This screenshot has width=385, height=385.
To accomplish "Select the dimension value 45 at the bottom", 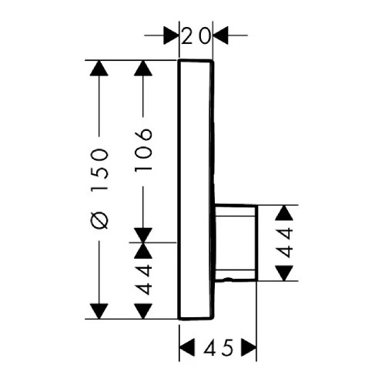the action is point(219,348).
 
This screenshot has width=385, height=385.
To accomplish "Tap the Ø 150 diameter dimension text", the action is point(99,188).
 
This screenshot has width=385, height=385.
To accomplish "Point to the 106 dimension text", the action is point(143,149).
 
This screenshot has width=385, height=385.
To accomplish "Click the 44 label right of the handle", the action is point(285,243).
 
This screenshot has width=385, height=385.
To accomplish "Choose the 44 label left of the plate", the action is point(143,280).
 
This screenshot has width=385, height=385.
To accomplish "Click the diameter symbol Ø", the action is point(99,221).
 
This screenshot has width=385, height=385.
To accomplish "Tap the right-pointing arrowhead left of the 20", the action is point(170,35).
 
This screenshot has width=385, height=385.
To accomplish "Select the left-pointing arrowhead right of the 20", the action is point(220,35).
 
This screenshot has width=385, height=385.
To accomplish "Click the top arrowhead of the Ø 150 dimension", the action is point(99,68).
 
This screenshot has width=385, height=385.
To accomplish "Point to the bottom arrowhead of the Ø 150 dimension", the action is point(99,311).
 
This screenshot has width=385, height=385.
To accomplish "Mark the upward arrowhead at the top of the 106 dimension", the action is point(143,68).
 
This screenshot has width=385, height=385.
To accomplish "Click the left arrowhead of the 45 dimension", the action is point(186,348).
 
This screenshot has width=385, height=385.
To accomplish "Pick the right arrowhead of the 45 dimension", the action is point(249,348).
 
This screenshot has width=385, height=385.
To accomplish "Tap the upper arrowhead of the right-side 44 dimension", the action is point(284,213).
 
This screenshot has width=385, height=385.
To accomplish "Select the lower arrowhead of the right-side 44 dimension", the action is point(284,273).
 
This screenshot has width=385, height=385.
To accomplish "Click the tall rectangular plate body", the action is point(196,190).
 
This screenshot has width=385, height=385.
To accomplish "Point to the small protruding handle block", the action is point(236,243).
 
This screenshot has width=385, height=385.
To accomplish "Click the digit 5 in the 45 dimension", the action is point(227,348).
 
